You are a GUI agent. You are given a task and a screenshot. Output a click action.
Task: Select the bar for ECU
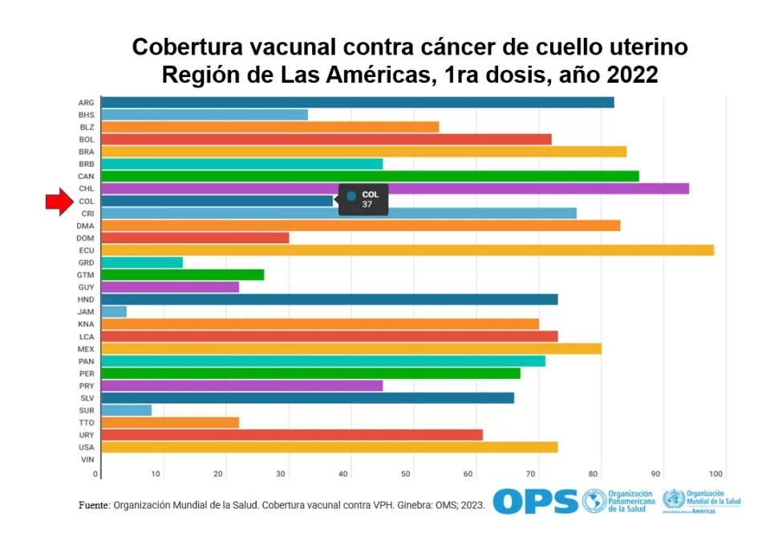point(407,250)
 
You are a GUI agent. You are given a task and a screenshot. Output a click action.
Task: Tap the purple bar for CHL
point(395,189)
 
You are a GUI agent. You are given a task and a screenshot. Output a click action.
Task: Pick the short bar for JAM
point(114,311)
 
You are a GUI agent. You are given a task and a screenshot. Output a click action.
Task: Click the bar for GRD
point(142,262)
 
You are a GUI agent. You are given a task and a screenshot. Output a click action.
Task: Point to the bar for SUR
point(127,410)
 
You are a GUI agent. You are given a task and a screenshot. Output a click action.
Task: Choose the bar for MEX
point(351,348)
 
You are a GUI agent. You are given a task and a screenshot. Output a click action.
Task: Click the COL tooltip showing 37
point(363,200)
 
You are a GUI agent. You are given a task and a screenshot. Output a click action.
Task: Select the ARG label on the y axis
point(86,103)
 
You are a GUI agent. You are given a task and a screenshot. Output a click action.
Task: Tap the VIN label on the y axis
point(87,459)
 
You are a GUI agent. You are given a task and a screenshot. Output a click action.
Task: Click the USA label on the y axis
point(86,447)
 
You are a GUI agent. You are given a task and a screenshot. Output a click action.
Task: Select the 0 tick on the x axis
point(96,474)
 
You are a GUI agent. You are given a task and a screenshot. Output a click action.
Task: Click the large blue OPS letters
point(535,501)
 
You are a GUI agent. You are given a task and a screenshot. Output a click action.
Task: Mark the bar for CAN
point(370,177)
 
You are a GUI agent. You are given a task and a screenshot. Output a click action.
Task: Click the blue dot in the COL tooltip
point(351,195)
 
